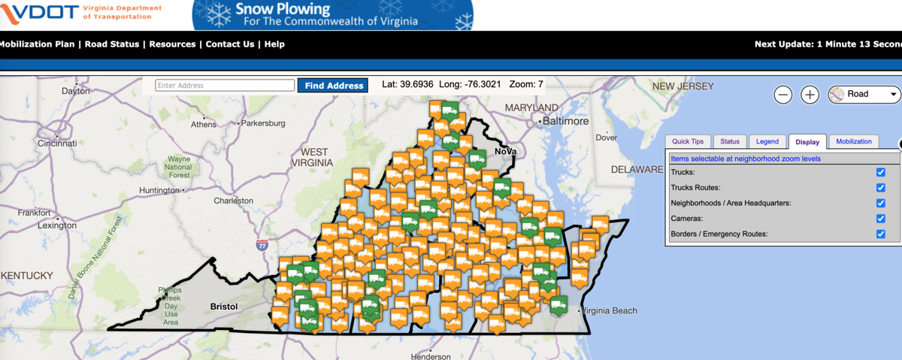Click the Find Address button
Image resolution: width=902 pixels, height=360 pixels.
pos(334,86)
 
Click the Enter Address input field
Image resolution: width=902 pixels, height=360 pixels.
pos(225,86)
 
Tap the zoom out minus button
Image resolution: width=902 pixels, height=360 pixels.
pos(783,95)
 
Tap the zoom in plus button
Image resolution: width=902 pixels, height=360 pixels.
pos(810,95)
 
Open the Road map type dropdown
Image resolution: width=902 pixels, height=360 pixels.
pos(864,95)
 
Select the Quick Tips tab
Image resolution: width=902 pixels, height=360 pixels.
pos(688,141)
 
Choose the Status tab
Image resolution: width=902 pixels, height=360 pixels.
pos(730,141)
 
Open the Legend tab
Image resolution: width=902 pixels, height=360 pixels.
pos(767,141)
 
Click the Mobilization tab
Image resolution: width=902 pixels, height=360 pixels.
pos(854,141)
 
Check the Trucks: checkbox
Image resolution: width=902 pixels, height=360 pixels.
pos(881,172)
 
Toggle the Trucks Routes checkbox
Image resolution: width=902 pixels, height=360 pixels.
pos(881,188)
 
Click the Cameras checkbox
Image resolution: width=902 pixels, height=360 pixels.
pos(881,219)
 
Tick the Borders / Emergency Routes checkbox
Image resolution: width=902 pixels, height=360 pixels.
pos(881,234)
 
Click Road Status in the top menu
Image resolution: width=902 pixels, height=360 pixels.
pos(112,44)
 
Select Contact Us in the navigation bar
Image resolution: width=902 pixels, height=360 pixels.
pos(230,44)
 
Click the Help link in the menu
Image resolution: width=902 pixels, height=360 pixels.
pos(274,44)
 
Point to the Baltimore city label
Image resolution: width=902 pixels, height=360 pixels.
pos(565,121)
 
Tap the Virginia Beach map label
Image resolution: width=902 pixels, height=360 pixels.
pos(610,310)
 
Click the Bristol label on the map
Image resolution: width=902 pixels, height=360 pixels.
pos(224,307)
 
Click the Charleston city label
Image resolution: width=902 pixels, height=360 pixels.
pos(234,201)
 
